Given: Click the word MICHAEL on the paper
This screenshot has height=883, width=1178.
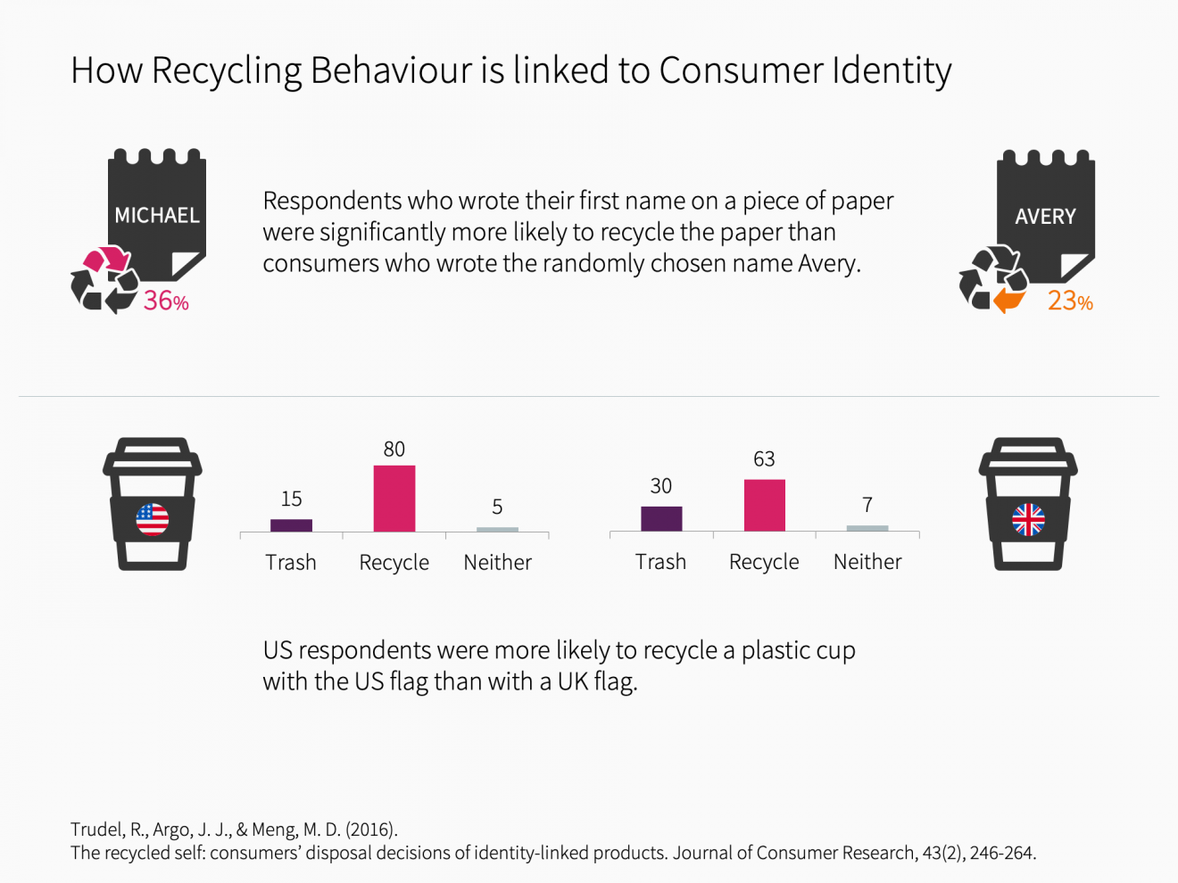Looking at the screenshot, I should (157, 215).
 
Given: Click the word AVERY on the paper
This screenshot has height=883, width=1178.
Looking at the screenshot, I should (1045, 216).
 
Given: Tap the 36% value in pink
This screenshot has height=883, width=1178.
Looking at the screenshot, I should (166, 301).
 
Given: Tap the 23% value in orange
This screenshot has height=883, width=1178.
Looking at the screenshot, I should (1070, 301).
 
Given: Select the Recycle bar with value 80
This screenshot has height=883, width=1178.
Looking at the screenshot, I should (394, 498).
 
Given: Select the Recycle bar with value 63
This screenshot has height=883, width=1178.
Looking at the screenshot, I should (764, 505).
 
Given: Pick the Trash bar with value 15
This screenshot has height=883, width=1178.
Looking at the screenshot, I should (291, 524).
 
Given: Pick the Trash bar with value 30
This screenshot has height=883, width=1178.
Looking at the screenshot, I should (661, 518).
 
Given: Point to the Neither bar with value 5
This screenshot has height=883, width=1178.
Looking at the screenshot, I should (497, 529).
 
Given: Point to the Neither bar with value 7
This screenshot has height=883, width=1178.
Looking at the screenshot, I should (867, 528).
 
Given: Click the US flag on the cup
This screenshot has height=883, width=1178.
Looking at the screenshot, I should (153, 519).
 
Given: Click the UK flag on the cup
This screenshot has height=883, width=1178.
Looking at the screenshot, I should (1028, 519).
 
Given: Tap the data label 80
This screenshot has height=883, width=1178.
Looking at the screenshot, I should (394, 449).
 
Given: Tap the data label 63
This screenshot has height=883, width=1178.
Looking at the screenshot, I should (764, 458).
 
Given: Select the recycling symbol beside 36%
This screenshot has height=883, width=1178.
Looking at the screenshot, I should (104, 279).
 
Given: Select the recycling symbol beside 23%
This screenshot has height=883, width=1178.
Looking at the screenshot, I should (992, 279).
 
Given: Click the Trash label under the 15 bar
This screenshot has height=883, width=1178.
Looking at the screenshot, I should (291, 562).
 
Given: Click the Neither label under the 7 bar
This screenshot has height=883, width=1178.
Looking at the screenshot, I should (867, 562).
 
